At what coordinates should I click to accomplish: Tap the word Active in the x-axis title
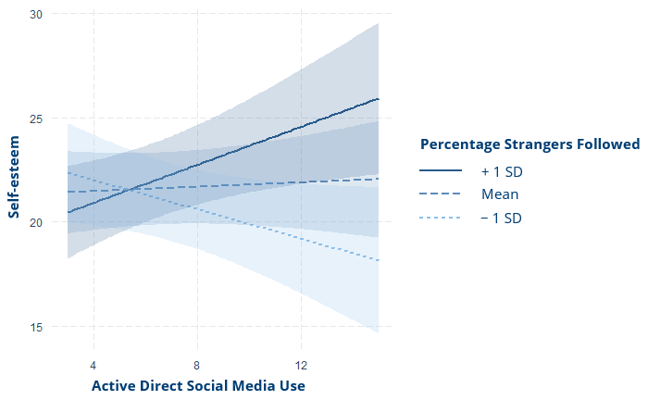pyautogui.click(x=115, y=384)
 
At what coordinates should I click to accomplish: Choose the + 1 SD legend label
pyautogui.click(x=502, y=171)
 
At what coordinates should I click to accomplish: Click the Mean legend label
pyautogui.click(x=500, y=194)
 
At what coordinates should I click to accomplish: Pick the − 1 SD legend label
pyautogui.click(x=502, y=218)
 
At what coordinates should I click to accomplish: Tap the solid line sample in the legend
pyautogui.click(x=441, y=171)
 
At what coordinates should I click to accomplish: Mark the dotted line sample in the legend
pyautogui.click(x=441, y=218)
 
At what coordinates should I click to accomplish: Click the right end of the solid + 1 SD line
pyautogui.click(x=379, y=99)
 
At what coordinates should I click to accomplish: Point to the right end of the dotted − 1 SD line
pyautogui.click(x=379, y=261)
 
